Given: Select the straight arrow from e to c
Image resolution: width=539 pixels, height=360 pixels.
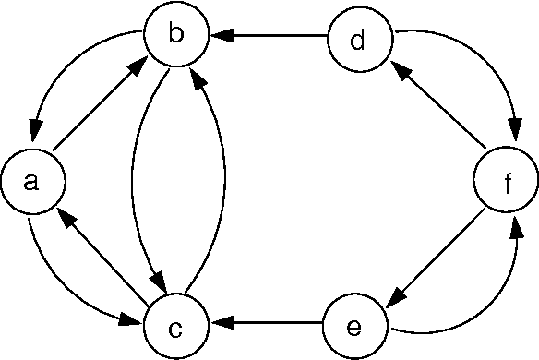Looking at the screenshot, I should pos(268,325).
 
